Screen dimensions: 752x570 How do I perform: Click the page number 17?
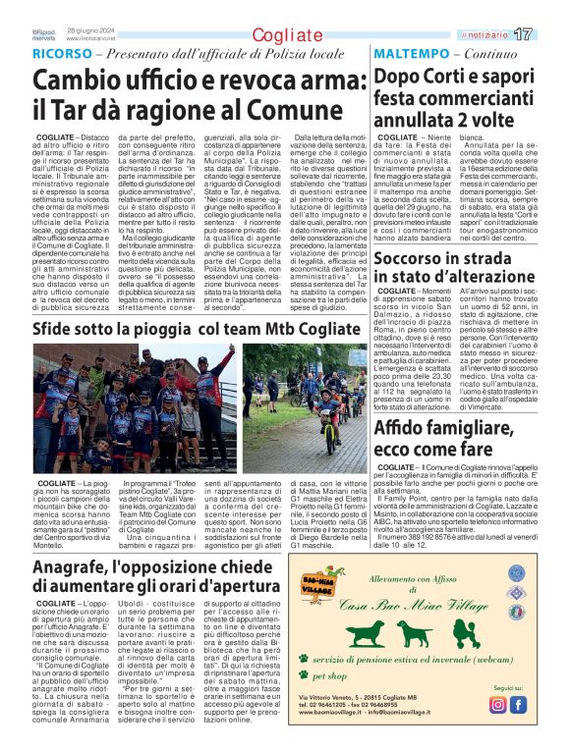tap(549, 35)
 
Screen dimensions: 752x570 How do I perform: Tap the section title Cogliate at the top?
tap(284, 35)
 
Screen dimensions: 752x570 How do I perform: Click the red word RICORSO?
tap(63, 52)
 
